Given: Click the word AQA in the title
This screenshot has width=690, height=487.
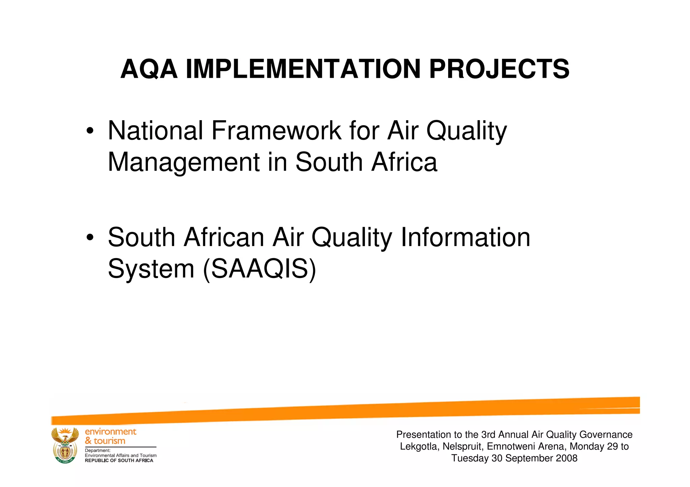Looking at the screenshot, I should pyautogui.click(x=149, y=70).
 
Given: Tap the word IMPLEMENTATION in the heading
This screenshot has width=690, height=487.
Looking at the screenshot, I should pyautogui.click(x=303, y=70).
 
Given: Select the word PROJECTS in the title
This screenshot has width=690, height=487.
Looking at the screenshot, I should pyautogui.click(x=499, y=70).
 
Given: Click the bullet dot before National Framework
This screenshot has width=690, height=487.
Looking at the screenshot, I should pyautogui.click(x=90, y=131).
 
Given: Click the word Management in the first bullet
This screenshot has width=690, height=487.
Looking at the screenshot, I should pyautogui.click(x=184, y=162).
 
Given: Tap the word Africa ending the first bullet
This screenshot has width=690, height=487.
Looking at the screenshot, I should pyautogui.click(x=404, y=162).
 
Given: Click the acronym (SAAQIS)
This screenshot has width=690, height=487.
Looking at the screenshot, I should pyautogui.click(x=259, y=269).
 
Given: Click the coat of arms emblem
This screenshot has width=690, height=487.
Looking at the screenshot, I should pyautogui.click(x=65, y=445).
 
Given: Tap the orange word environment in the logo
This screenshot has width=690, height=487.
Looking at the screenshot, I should pyautogui.click(x=111, y=431).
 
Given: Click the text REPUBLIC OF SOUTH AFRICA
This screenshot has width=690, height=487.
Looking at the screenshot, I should pyautogui.click(x=119, y=461).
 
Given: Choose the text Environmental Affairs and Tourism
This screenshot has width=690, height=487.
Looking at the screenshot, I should pyautogui.click(x=121, y=455).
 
